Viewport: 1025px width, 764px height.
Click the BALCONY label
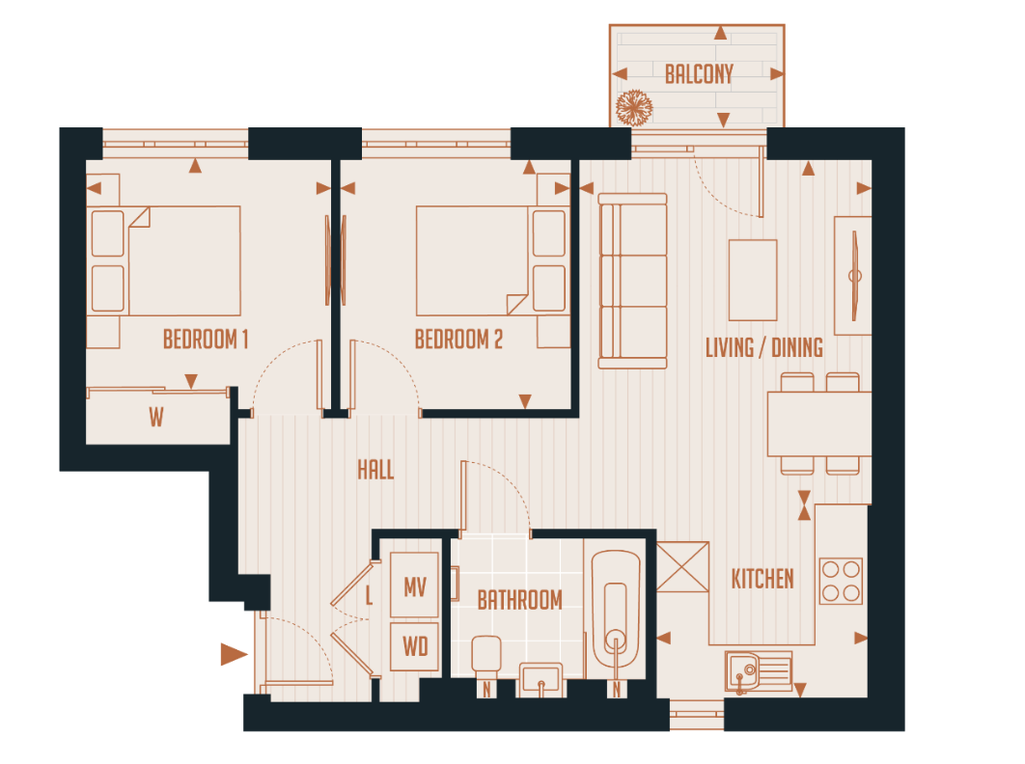699,73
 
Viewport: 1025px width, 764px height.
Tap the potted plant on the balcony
634,105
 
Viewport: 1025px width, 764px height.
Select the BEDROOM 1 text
206,340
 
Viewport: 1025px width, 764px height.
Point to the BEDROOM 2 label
458,340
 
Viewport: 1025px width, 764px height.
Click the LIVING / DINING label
764,347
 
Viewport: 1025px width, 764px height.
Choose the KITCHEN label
762,579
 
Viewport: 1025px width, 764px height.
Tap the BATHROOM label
519,600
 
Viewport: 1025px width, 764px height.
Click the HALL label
375,470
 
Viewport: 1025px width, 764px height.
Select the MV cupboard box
415,586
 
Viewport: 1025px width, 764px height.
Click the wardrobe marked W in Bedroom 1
157,418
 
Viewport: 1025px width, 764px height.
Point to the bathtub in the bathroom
616,610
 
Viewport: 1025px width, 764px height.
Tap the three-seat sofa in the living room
632,281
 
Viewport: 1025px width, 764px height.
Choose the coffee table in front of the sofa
753,280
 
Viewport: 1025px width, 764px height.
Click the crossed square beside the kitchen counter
683,567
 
